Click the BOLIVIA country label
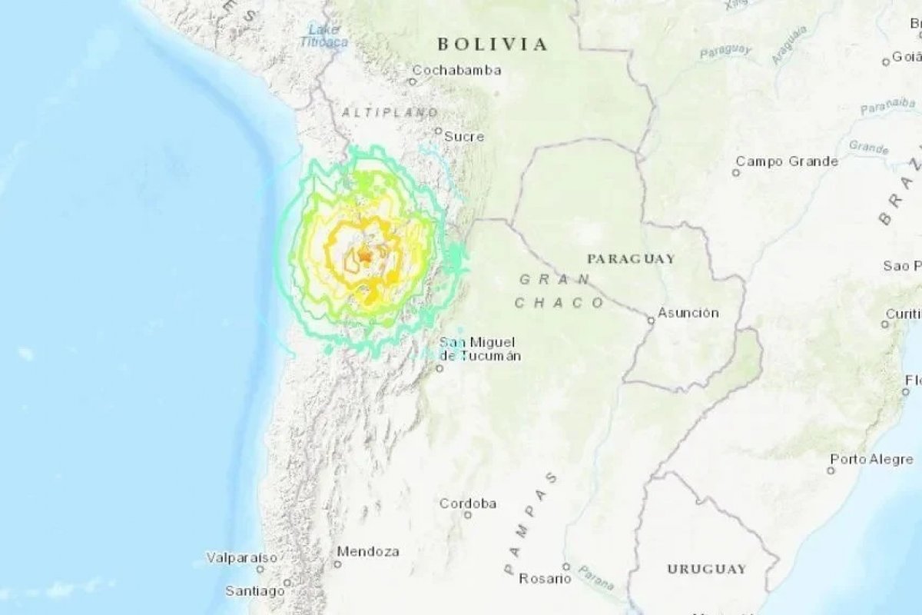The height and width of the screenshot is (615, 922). coord(493,45)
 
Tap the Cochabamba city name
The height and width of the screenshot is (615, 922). coord(456,71)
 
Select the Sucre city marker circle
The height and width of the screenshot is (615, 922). coord(438,131)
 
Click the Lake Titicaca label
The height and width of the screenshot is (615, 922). coord(323,35)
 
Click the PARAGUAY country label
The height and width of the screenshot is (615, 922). coord(631,258)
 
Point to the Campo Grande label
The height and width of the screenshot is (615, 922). coord(787,161)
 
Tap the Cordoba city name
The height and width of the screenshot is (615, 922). coord(468,504)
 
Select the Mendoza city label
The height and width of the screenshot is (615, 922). coord(368,552)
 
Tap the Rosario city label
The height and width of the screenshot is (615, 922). coord(545,579)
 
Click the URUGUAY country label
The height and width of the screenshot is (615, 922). coord(706,569)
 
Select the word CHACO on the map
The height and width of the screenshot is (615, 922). coord(560,303)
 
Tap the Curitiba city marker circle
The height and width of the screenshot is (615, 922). coord(885,324)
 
